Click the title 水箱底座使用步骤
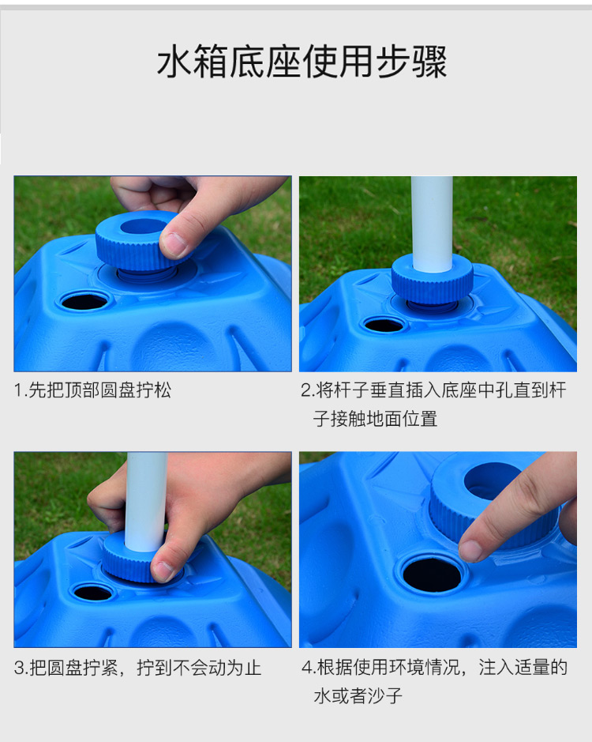click(302, 62)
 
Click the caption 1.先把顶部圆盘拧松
click(92, 390)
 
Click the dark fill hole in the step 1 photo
click(84, 301)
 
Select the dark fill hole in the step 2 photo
click(384, 325)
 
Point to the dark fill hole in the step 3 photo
click(92, 593)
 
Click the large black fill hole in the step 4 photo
click(432, 575)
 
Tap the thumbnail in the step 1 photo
click(175, 243)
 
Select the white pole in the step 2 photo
click(432, 224)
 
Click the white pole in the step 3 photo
click(146, 502)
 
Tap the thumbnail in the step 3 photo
click(163, 571)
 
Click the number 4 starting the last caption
click(307, 668)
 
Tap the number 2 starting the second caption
click(306, 390)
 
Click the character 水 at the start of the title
click(174, 62)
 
